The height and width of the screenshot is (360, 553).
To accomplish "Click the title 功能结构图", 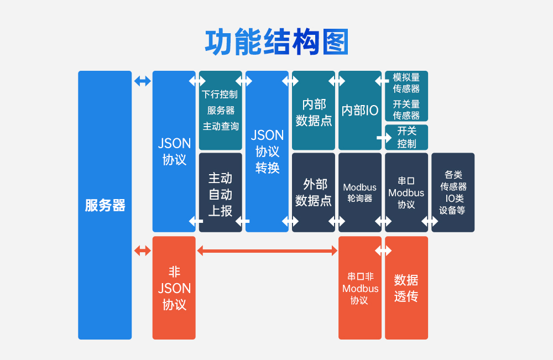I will point(276,42).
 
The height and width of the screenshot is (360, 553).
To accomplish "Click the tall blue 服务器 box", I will point(105,205).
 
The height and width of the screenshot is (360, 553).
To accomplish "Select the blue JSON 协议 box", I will point(174,151).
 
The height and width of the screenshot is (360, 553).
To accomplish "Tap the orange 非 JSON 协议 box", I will point(174,288).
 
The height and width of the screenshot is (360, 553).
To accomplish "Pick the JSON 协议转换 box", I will point(267,151).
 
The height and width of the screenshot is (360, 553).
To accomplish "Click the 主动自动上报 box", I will point(220,194).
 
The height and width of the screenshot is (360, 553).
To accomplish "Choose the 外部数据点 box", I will point(314,192).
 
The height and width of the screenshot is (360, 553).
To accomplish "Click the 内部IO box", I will point(360,111).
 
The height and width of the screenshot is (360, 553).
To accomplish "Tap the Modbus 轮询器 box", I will point(360,192).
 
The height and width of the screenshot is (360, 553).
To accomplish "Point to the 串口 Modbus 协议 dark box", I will point(406,192).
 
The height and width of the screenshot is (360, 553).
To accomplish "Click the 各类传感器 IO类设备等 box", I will point(453,192).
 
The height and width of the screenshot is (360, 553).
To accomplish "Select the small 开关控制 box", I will point(407,137).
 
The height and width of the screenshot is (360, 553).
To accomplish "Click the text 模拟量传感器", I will point(406,83).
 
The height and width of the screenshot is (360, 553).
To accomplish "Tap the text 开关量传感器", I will point(406,109).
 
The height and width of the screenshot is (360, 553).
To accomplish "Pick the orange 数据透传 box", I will point(406,288).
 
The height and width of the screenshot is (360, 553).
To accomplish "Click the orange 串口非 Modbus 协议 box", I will point(360,288).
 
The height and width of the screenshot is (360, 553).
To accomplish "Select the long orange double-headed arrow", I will point(267,251).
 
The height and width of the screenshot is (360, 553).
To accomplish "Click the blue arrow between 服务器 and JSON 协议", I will point(142,81).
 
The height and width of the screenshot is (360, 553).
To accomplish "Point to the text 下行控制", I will point(220,94).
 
